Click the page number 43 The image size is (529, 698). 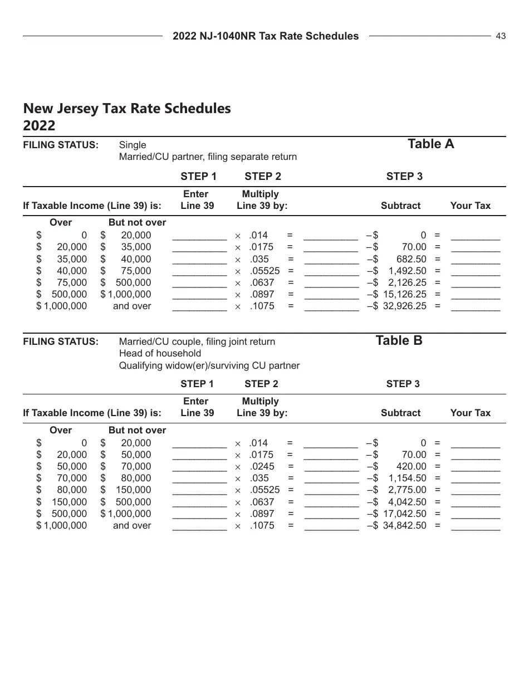(x=501, y=36)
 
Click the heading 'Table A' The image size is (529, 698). (x=430, y=144)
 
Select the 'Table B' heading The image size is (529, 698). (x=399, y=341)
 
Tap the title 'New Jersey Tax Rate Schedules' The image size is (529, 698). (x=127, y=108)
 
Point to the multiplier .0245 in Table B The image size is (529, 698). (x=262, y=466)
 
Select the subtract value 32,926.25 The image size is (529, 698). (x=404, y=306)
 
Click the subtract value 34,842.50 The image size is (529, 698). (x=404, y=525)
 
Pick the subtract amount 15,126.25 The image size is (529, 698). (x=404, y=294)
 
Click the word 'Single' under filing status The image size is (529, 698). (x=133, y=145)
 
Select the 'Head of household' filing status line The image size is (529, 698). (x=160, y=353)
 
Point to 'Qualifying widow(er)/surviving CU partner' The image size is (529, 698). (x=209, y=365)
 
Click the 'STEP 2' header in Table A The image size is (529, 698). (x=262, y=177)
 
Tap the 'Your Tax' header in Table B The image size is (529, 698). (x=470, y=413)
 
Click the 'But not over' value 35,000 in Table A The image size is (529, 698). (x=136, y=247)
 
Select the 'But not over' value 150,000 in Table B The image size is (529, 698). (x=133, y=490)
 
